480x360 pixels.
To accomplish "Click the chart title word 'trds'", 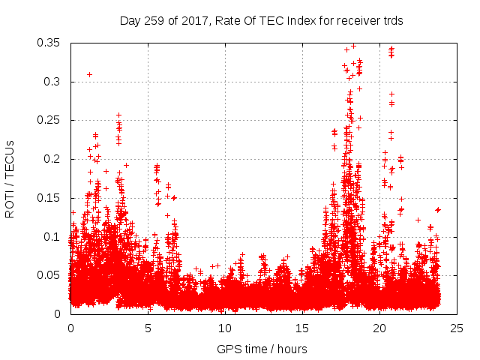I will coord(392,21).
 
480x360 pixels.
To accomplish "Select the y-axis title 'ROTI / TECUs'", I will coord(10,178).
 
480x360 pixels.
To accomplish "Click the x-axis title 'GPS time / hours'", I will coord(262,349).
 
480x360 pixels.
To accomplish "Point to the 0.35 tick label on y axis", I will coord(50,43).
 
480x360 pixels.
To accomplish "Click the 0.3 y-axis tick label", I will coord(53,82).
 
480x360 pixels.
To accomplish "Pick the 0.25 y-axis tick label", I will coord(50,120).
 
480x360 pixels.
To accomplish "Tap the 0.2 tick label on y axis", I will coord(53,159).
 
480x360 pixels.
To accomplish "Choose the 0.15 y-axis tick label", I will coord(50,198).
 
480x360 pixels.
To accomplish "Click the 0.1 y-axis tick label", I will coord(53,237).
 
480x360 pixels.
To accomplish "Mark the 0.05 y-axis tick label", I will coord(50,275).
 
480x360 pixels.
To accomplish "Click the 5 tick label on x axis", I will coord(148,328).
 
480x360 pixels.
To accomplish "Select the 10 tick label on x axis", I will coord(225,328).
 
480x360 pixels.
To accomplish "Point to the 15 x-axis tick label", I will coord(302,328).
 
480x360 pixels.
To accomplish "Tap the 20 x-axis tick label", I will coord(379,328).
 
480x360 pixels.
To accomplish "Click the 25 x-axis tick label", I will coord(457,328).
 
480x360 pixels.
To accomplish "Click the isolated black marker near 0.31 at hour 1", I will coord(89,74).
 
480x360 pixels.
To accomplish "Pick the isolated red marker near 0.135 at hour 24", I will coord(438,210).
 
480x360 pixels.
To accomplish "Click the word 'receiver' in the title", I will coord(345,21).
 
